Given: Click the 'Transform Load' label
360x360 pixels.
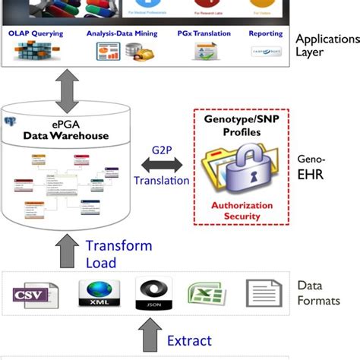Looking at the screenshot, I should click(118, 254).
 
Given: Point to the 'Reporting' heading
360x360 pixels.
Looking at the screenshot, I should click(266, 33).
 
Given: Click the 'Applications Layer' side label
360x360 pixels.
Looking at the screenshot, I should click(327, 46).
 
